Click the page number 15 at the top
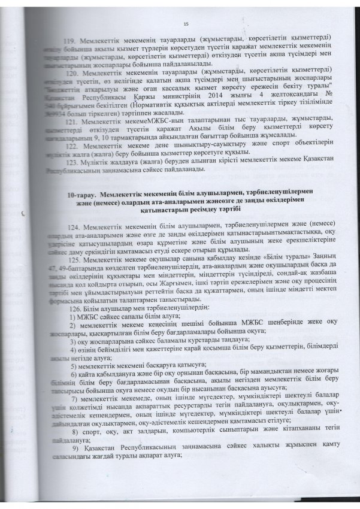(x=186, y=23)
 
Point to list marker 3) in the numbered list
(x=73, y=340)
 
